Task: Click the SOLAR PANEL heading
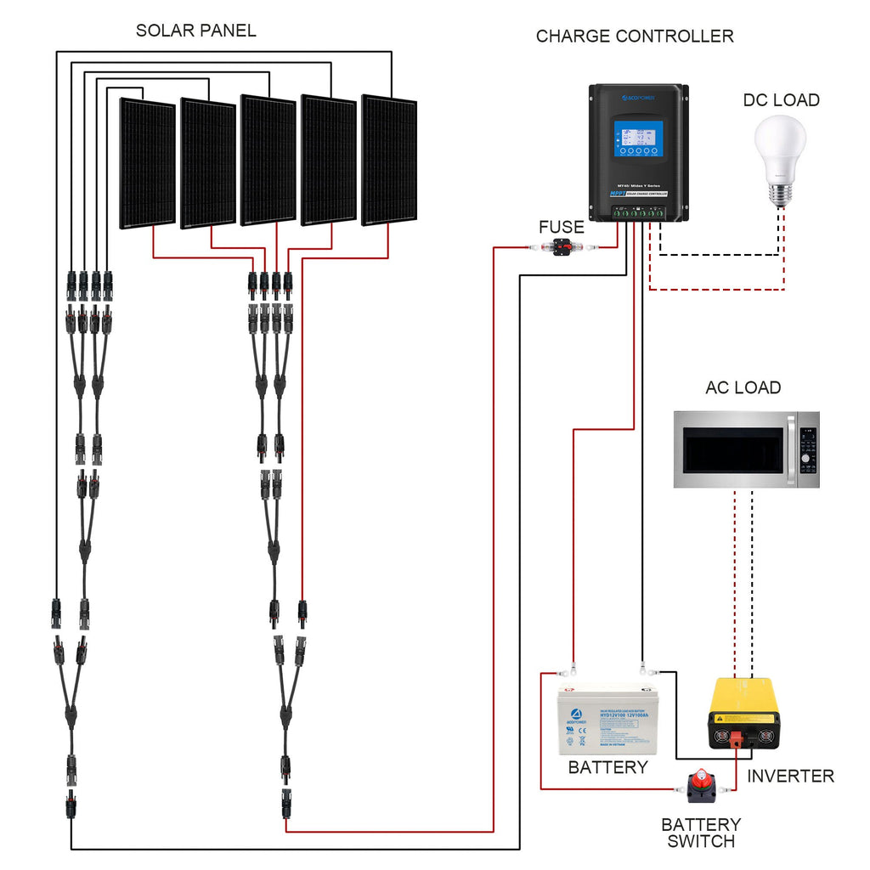195,31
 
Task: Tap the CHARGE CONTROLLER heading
635,37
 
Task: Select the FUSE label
561,228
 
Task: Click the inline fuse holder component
562,247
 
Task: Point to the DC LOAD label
781,100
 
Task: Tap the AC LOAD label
743,388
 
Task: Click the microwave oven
746,449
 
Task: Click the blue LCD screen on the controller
638,139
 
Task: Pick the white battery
607,718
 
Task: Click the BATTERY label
607,768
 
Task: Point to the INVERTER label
790,777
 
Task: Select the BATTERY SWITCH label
701,833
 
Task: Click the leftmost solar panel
147,163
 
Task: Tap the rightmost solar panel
389,161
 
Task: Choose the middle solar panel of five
268,161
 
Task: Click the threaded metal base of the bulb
780,193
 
